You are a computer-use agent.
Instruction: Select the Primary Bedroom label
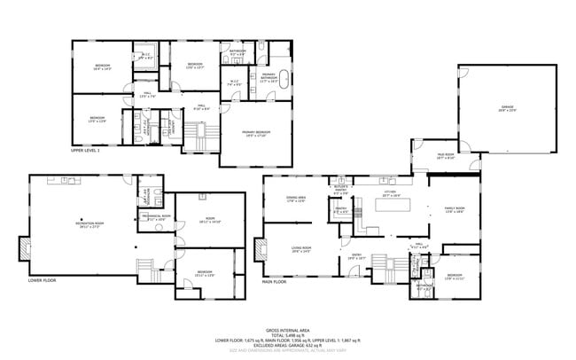pyautogui.click(x=255, y=134)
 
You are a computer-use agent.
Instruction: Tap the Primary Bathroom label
pyautogui.click(x=269, y=76)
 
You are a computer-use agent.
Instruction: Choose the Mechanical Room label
pyautogui.click(x=154, y=217)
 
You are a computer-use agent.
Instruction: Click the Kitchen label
pyautogui.click(x=390, y=192)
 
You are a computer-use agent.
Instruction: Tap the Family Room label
pyautogui.click(x=454, y=210)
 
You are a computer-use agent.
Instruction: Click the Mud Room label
pyautogui.click(x=445, y=156)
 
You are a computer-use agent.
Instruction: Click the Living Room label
pyautogui.click(x=302, y=249)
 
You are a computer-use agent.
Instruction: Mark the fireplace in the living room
pyautogui.click(x=258, y=244)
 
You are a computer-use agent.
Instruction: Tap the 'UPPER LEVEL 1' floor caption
pyautogui.click(x=86, y=151)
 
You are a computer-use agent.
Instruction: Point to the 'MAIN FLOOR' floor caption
pyautogui.click(x=274, y=282)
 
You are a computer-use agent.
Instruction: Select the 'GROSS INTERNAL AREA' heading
pyautogui.click(x=288, y=328)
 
